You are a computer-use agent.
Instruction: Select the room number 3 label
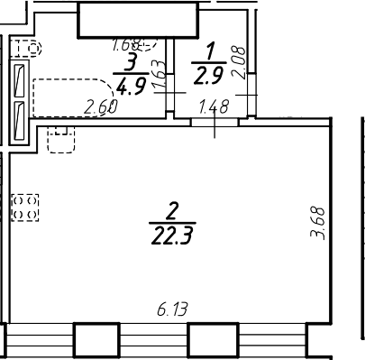click(132, 61)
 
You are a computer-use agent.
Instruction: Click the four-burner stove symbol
click(24, 208)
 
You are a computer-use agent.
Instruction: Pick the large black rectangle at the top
click(136, 19)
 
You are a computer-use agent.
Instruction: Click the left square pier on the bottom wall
click(96, 340)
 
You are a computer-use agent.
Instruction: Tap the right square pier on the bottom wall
click(212, 340)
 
